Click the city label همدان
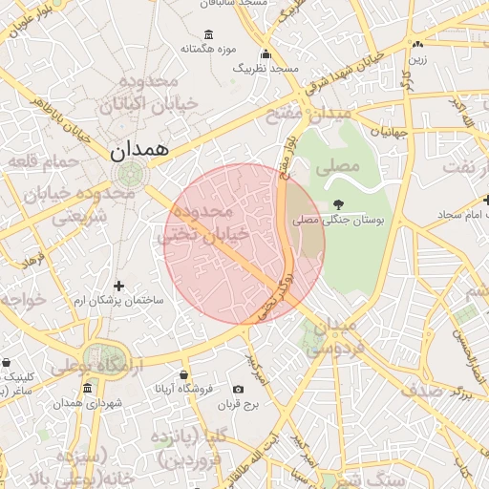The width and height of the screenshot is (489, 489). tap(138, 150)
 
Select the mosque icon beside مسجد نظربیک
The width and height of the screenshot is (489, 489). tap(266, 54)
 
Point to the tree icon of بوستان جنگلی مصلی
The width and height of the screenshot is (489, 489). tap(337, 203)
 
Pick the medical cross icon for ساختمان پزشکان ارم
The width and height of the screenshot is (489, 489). tap(118, 286)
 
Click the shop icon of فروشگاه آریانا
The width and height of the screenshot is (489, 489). tap(183, 374)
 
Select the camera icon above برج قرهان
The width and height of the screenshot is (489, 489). tap(238, 389)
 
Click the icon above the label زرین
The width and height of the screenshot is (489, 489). tap(417, 44)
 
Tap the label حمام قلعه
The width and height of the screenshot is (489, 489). tap(43, 162)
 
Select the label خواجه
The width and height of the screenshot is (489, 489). tap(25, 300)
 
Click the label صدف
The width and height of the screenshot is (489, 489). tap(420, 390)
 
